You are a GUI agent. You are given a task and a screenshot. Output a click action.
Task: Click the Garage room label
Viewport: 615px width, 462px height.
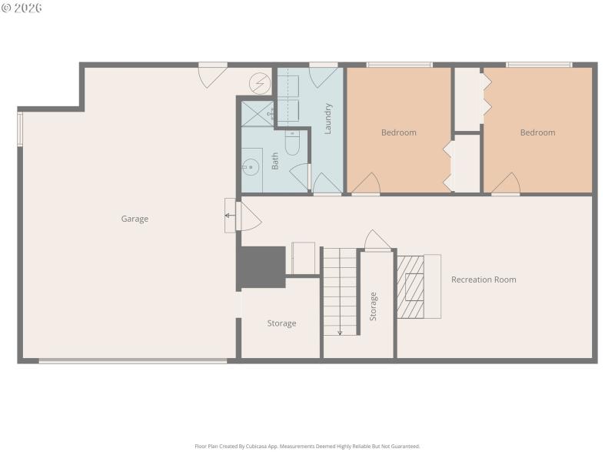pyautogui.click(x=135, y=219)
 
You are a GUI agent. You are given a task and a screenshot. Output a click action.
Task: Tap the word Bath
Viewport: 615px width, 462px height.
pyautogui.click(x=274, y=161)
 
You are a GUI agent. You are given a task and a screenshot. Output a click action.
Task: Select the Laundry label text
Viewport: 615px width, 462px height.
pyautogui.click(x=327, y=119)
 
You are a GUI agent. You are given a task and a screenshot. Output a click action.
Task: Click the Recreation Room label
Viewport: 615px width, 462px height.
pyautogui.click(x=484, y=280)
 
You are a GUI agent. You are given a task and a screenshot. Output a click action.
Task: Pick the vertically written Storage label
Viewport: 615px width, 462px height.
pyautogui.click(x=374, y=306)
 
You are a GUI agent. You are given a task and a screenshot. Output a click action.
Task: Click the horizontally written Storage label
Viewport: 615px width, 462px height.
pyautogui.click(x=281, y=323)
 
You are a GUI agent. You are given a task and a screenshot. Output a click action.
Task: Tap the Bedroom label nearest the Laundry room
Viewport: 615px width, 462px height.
pyautogui.click(x=398, y=132)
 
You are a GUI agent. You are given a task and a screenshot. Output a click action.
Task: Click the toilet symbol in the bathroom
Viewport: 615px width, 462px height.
pyautogui.click(x=292, y=142)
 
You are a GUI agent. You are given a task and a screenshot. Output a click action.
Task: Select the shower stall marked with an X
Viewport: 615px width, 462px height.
pyautogui.click(x=257, y=114)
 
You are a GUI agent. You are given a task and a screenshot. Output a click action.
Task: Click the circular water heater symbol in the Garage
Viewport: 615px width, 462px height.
pyautogui.click(x=261, y=82)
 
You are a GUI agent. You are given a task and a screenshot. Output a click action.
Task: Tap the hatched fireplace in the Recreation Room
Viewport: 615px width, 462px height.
pyautogui.click(x=411, y=286)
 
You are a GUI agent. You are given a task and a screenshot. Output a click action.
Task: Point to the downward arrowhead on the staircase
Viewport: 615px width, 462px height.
pyautogui.click(x=340, y=333)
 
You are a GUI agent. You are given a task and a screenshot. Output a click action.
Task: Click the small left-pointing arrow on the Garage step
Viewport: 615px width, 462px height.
pyautogui.click(x=229, y=216)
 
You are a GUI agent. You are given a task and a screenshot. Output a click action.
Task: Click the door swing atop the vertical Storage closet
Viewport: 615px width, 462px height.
pyautogui.click(x=377, y=240)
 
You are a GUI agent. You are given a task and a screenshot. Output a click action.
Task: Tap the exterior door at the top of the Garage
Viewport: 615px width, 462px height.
pyautogui.click(x=211, y=74)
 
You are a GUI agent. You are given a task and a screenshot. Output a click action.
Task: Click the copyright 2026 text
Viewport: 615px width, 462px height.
pyautogui.click(x=22, y=8)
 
